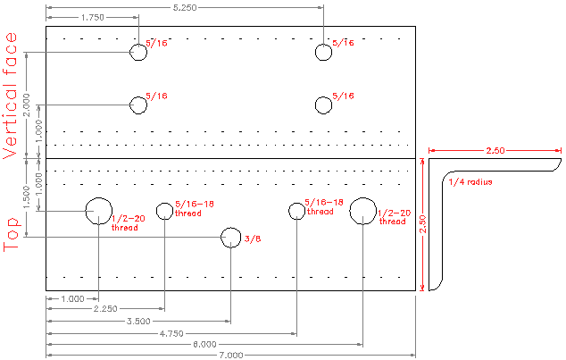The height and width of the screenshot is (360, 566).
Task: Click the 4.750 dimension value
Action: pos(171,332)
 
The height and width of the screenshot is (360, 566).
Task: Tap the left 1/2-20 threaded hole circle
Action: pos(98,210)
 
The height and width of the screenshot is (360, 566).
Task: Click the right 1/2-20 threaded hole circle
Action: pos(362,211)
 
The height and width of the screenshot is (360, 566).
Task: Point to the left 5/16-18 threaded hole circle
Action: pos(164,211)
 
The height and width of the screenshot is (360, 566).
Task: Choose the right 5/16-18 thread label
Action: pos(323,207)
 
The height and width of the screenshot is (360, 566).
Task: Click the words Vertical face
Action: pos(12,95)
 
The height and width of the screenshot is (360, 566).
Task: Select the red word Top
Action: pos(12,234)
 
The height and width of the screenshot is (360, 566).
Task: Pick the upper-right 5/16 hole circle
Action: pos(323,52)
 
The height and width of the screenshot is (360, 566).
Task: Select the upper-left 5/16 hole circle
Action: pos(138,52)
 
